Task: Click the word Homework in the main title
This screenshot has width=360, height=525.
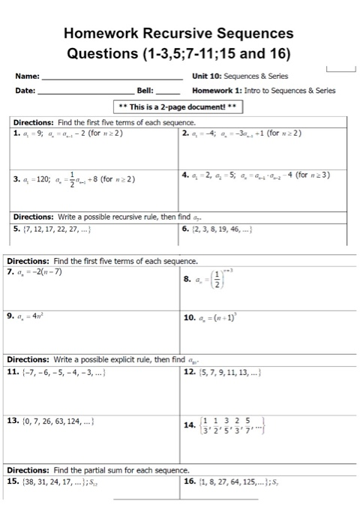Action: coord(100,34)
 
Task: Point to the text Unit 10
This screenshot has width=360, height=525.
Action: coord(206,76)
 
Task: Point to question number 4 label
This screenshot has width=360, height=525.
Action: coord(185,175)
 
